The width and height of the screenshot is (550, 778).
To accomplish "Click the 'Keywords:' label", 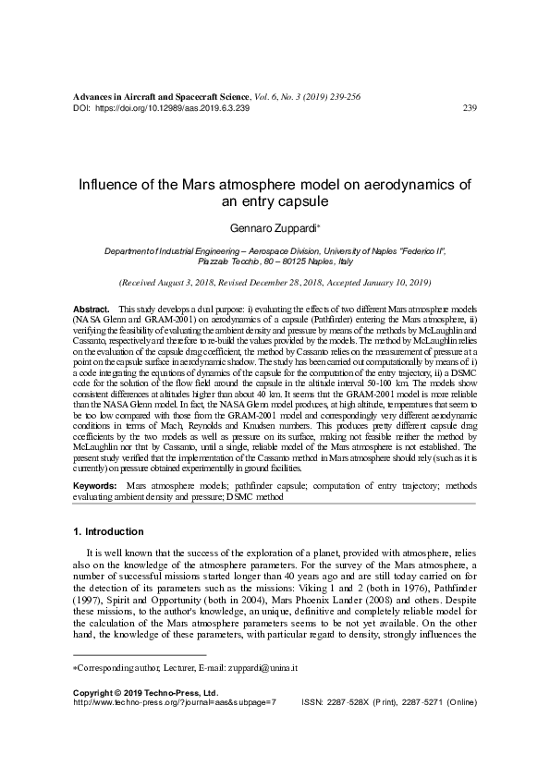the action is [x=95, y=484].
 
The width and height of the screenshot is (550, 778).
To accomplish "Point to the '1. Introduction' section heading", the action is [x=107, y=532].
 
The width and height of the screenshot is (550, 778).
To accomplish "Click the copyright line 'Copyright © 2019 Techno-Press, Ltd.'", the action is [x=145, y=691].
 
